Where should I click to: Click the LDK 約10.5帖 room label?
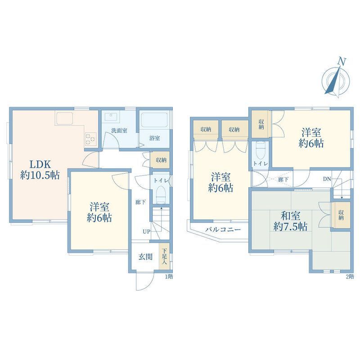coord(40,170)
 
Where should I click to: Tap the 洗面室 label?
coord(119,130)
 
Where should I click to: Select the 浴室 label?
coord(154,138)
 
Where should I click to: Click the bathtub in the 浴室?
coord(154,120)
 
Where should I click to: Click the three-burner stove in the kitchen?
coord(90,139)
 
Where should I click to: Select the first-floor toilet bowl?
coord(161,194)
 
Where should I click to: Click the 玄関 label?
coord(145,256)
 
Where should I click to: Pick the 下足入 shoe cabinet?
coord(164,256)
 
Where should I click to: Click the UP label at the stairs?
coord(147,231)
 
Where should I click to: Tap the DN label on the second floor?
coord(327,179)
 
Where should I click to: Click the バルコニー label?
coord(223,229)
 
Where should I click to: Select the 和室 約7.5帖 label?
coord(290,221)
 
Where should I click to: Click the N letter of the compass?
coord(342,62)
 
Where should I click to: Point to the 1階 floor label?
coord(169,276)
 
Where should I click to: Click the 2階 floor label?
coord(350,276)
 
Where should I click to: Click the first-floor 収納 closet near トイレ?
coord(161,160)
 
